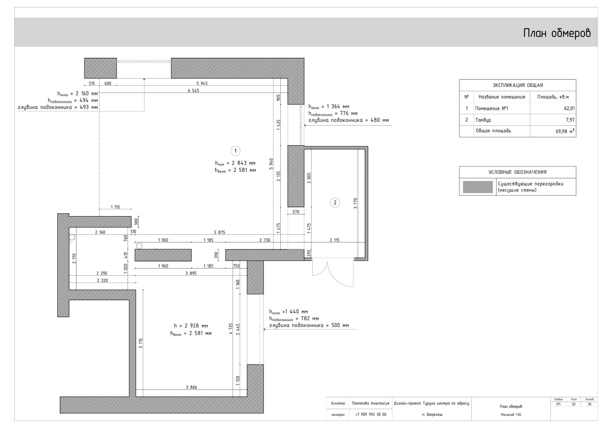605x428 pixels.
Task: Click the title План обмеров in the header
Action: pos(557,33)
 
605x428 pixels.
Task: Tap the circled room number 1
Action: pos(235,151)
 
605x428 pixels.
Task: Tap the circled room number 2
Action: pos(335,202)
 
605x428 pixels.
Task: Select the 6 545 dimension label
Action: pos(193,91)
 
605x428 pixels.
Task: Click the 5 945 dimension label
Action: pos(202,83)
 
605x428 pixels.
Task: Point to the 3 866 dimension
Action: pos(191,387)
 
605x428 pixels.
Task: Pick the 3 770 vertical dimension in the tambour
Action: pos(355,204)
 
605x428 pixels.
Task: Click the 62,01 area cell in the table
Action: pos(569,108)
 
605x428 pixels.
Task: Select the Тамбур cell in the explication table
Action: pos(483,120)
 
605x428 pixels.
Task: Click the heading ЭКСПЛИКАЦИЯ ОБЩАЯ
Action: pos(518,85)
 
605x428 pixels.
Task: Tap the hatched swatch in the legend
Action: pos(477,187)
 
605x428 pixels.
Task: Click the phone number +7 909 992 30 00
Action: pos(371,414)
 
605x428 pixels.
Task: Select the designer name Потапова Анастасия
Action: pos(371,403)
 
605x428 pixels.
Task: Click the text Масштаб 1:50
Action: pos(511,415)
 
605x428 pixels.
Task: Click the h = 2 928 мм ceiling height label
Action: pos(191,326)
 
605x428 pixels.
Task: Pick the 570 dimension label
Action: pos(296,212)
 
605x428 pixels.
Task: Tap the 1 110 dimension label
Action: pos(115,207)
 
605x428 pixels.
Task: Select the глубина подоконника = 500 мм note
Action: pos(309,325)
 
